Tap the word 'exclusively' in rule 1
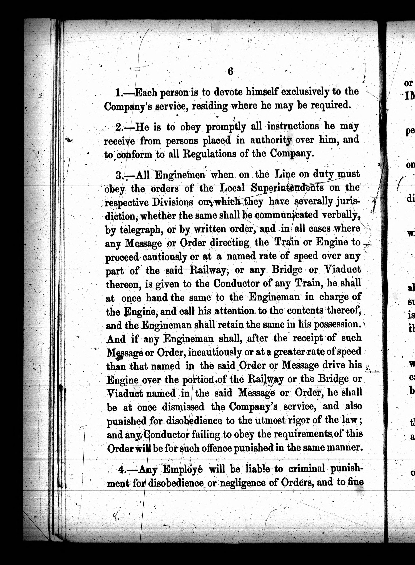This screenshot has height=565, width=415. (305, 92)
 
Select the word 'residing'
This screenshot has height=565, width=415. (210, 106)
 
